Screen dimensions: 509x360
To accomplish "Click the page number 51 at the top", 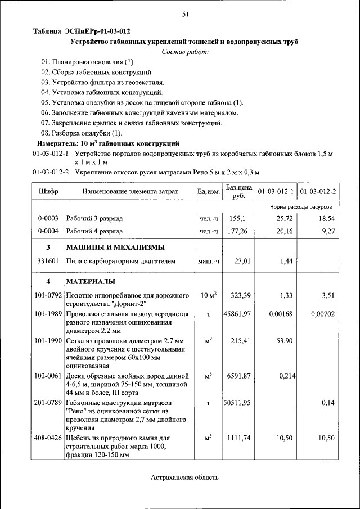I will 185,15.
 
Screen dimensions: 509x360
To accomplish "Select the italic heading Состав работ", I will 185,52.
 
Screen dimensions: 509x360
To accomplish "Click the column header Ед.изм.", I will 208,192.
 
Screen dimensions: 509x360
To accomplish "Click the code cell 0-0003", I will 48,217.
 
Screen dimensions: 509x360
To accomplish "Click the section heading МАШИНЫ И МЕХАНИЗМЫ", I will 115,247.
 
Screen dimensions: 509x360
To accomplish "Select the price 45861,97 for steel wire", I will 237,314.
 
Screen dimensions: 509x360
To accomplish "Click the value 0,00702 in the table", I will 322,314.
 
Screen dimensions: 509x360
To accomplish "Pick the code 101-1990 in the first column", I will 48,340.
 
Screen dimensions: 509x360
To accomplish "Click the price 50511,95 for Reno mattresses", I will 237,403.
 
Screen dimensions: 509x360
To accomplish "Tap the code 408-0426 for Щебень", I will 48,438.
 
